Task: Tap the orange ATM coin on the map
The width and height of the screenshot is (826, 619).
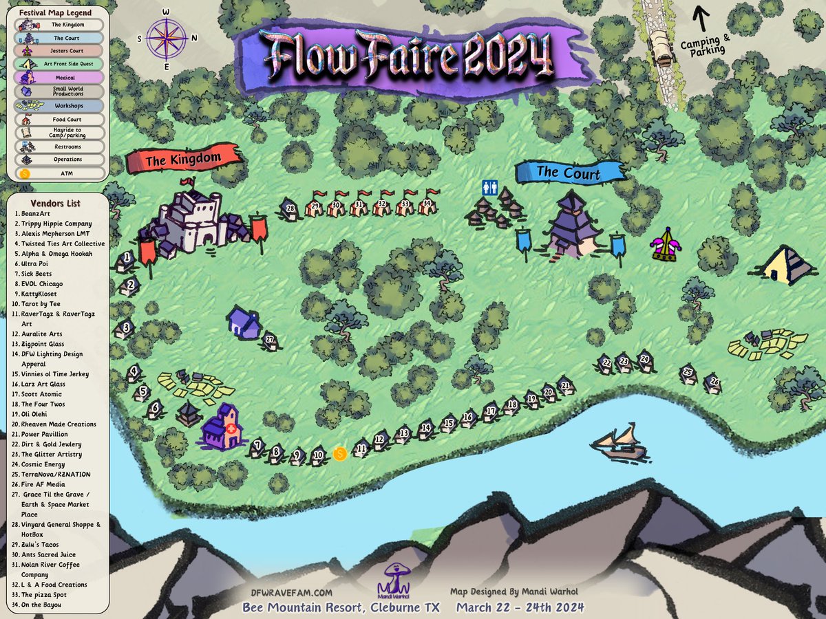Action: pyautogui.click(x=339, y=453)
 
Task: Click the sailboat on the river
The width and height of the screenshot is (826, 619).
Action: pyautogui.click(x=619, y=444)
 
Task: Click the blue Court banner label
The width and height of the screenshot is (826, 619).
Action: pyautogui.click(x=569, y=173)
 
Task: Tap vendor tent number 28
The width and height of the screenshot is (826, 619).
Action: pyautogui.click(x=290, y=209)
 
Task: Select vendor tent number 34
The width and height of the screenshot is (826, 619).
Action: pyautogui.click(x=427, y=204)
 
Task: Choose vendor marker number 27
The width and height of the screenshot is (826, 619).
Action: pyautogui.click(x=270, y=340)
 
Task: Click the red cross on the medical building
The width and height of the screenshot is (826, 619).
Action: pyautogui.click(x=230, y=427)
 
